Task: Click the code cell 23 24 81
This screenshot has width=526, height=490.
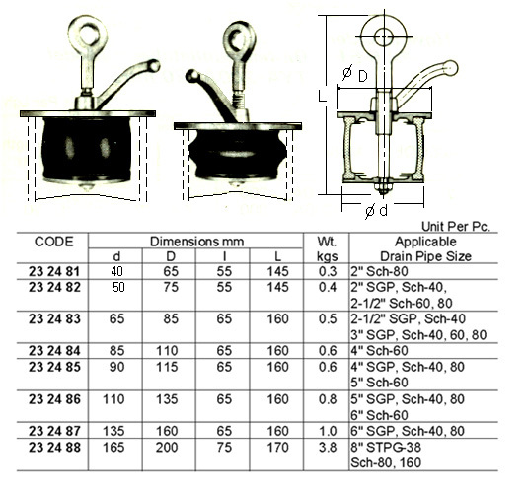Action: [x=54, y=271]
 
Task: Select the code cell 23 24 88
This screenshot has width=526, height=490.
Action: [x=54, y=447]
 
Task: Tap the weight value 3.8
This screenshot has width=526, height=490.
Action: [x=327, y=447]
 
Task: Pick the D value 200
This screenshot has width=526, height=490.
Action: [x=167, y=447]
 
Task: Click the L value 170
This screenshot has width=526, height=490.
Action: [x=277, y=447]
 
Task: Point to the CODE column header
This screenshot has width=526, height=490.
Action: [x=53, y=242]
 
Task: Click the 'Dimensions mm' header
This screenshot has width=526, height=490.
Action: [x=196, y=242]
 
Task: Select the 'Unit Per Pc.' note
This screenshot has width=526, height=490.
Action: [x=456, y=227]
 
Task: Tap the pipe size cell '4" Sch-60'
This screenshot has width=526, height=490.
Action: [x=379, y=351]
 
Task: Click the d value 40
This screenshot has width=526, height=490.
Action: [x=116, y=271]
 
